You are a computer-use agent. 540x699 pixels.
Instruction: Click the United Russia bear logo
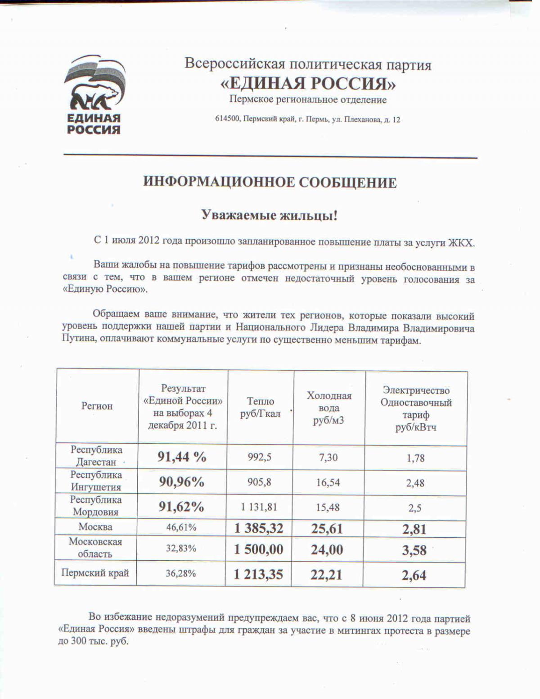94,95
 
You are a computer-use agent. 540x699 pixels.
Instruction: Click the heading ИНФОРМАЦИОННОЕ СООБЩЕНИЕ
270,182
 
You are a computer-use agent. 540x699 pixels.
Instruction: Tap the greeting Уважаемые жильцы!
269,215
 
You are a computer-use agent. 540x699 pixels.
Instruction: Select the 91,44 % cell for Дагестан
182,457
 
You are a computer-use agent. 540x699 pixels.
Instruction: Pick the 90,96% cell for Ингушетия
182,482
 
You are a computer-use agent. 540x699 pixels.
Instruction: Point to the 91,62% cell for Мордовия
181,507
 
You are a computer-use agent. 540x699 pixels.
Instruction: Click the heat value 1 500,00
259,549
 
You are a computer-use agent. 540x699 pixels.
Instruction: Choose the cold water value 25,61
327,528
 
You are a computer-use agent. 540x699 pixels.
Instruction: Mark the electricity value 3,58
414,550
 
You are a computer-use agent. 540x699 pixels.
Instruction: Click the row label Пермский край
95,573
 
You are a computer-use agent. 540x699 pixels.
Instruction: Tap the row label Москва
95,527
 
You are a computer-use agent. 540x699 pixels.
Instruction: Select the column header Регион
97,406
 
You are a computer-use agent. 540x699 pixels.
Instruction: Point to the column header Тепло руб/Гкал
260,407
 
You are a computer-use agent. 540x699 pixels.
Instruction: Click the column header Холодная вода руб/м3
329,408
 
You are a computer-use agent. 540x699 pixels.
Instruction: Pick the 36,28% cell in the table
181,574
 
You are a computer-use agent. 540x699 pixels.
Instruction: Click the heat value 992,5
259,457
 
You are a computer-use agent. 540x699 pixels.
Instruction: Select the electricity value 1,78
415,458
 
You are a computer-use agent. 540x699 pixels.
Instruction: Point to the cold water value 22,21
326,575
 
